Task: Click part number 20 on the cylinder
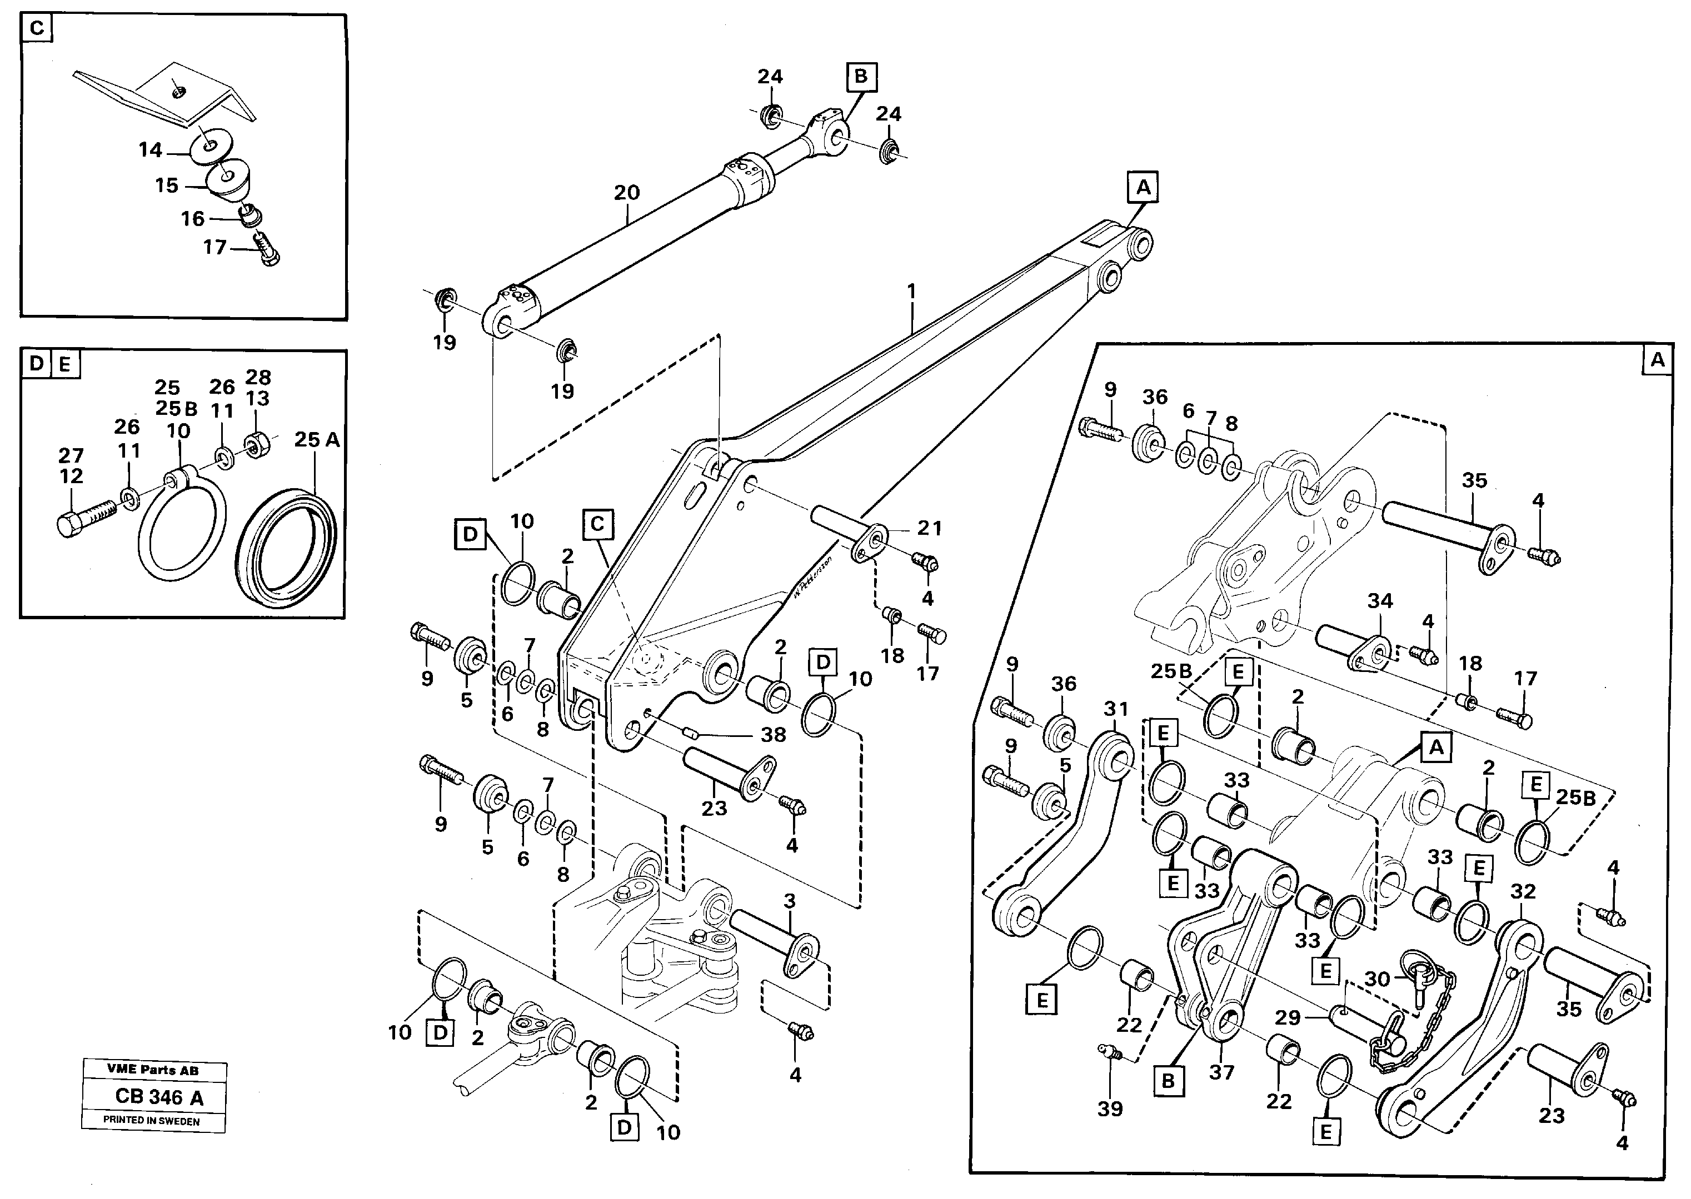coord(626,193)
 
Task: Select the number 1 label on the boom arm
coord(911,291)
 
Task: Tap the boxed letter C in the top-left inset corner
coord(37,29)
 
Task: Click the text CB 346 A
coord(159,1097)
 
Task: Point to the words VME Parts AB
coord(152,1070)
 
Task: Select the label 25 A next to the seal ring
coord(317,440)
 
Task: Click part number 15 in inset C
coord(166,185)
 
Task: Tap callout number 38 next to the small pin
coord(773,735)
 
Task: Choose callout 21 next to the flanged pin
coord(929,528)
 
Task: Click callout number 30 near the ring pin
coord(1377,979)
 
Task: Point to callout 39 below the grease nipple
coord(1110,1109)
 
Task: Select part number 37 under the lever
coord(1221,1072)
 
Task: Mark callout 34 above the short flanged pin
coord(1379,601)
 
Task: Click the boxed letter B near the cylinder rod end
coord(861,77)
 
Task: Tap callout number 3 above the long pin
coord(790,901)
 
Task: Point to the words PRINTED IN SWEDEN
coord(152,1120)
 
